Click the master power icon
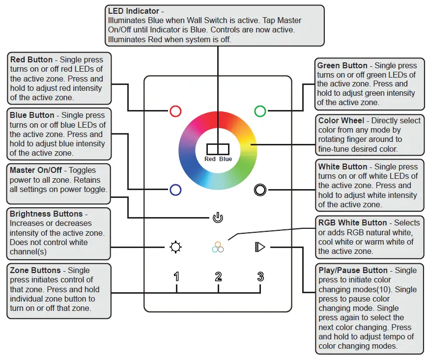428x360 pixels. pyautogui.click(x=218, y=218)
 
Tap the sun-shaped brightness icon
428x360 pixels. pyautogui.click(x=175, y=247)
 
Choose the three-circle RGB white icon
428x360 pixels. pyautogui.click(x=218, y=247)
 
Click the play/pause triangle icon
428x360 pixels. pyautogui.click(x=260, y=247)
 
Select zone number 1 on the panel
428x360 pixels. pyautogui.click(x=176, y=277)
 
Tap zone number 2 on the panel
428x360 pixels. pyautogui.click(x=218, y=277)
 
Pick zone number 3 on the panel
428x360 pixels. pyautogui.click(x=260, y=277)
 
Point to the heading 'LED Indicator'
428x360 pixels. pyautogui.click(x=134, y=11)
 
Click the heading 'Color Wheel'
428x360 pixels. pyautogui.click(x=341, y=120)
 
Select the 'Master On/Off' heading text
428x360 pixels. pyautogui.click(x=36, y=170)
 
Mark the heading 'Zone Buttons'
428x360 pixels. pyautogui.click(x=35, y=270)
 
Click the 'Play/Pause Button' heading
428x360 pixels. pyautogui.click(x=353, y=270)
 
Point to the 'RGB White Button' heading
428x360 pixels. pyautogui.click(x=353, y=223)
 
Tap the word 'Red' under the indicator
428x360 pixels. pyautogui.click(x=210, y=159)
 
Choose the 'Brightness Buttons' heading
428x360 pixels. pyautogui.click(x=46, y=214)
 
